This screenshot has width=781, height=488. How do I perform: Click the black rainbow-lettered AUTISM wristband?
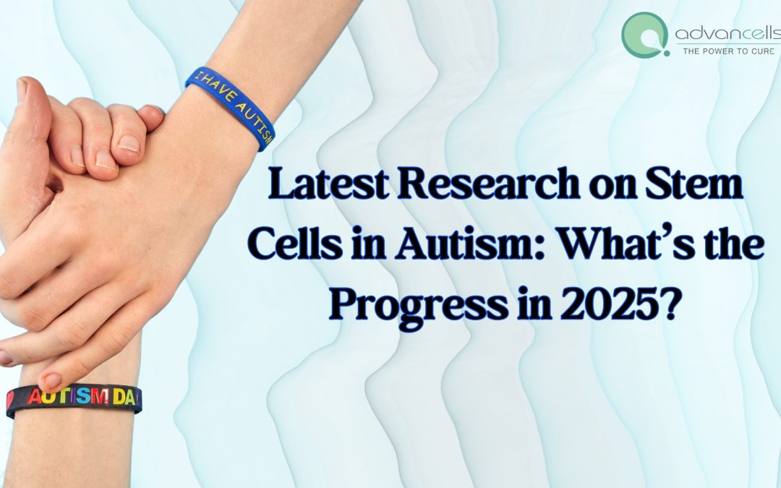pos(72,400)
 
